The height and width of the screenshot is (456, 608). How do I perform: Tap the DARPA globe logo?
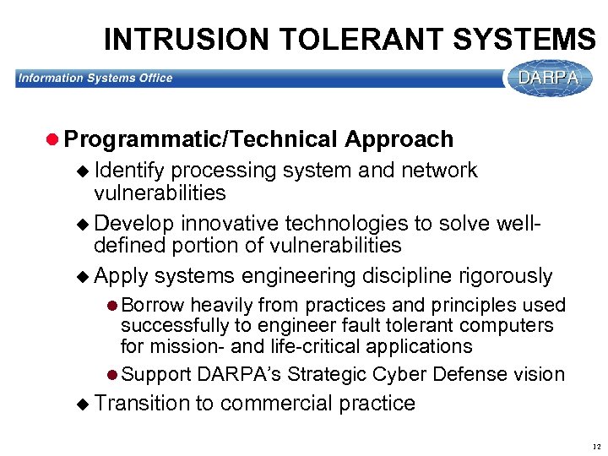(549, 78)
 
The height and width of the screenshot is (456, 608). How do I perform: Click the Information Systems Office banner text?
(95, 78)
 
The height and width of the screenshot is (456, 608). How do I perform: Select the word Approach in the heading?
(399, 139)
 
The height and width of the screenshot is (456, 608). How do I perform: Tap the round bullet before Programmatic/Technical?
(53, 139)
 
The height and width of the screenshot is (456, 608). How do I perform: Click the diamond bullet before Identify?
(82, 171)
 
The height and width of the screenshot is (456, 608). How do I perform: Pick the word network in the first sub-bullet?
(442, 171)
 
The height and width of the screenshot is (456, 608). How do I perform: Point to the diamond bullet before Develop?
(82, 225)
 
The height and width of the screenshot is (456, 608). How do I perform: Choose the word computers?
(511, 326)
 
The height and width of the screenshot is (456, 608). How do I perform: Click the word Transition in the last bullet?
(143, 404)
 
